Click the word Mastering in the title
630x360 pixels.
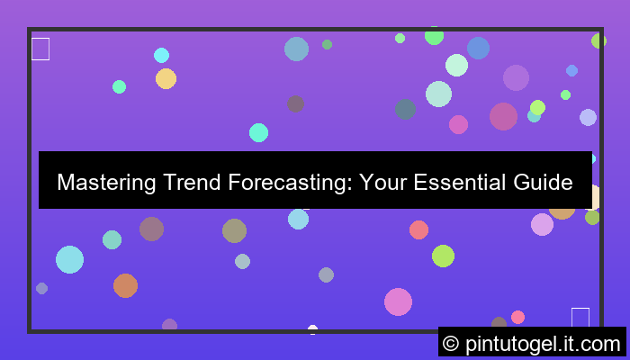(106, 183)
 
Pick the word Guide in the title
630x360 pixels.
(543, 183)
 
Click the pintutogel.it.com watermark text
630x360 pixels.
(544, 343)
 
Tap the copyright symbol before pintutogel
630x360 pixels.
(452, 343)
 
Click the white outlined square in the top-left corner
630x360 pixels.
(40, 49)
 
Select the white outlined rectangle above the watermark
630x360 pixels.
(580, 317)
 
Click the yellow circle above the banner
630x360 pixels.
(166, 79)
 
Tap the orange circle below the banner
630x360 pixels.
(125, 285)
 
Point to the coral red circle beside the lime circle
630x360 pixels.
(418, 229)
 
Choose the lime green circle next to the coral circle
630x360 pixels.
(443, 256)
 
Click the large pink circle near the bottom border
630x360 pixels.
(398, 301)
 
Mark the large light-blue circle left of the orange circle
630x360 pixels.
(69, 259)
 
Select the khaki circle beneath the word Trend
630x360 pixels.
(234, 230)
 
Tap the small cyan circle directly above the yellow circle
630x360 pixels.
(161, 55)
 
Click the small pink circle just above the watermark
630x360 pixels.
(517, 317)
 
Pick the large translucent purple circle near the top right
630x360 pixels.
(516, 77)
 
